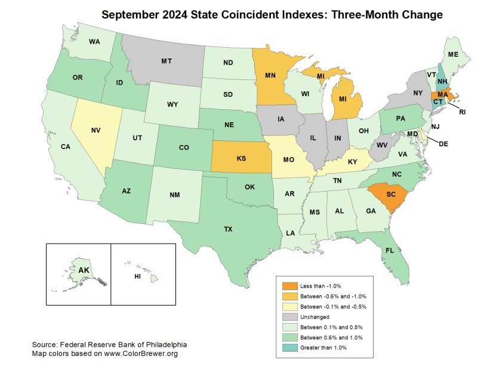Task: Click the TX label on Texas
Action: tap(229, 229)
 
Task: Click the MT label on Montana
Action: tap(167, 61)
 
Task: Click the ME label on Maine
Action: tap(453, 54)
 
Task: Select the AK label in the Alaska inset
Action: tap(84, 270)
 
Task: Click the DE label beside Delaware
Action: tap(443, 144)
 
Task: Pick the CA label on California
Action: tap(66, 146)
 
